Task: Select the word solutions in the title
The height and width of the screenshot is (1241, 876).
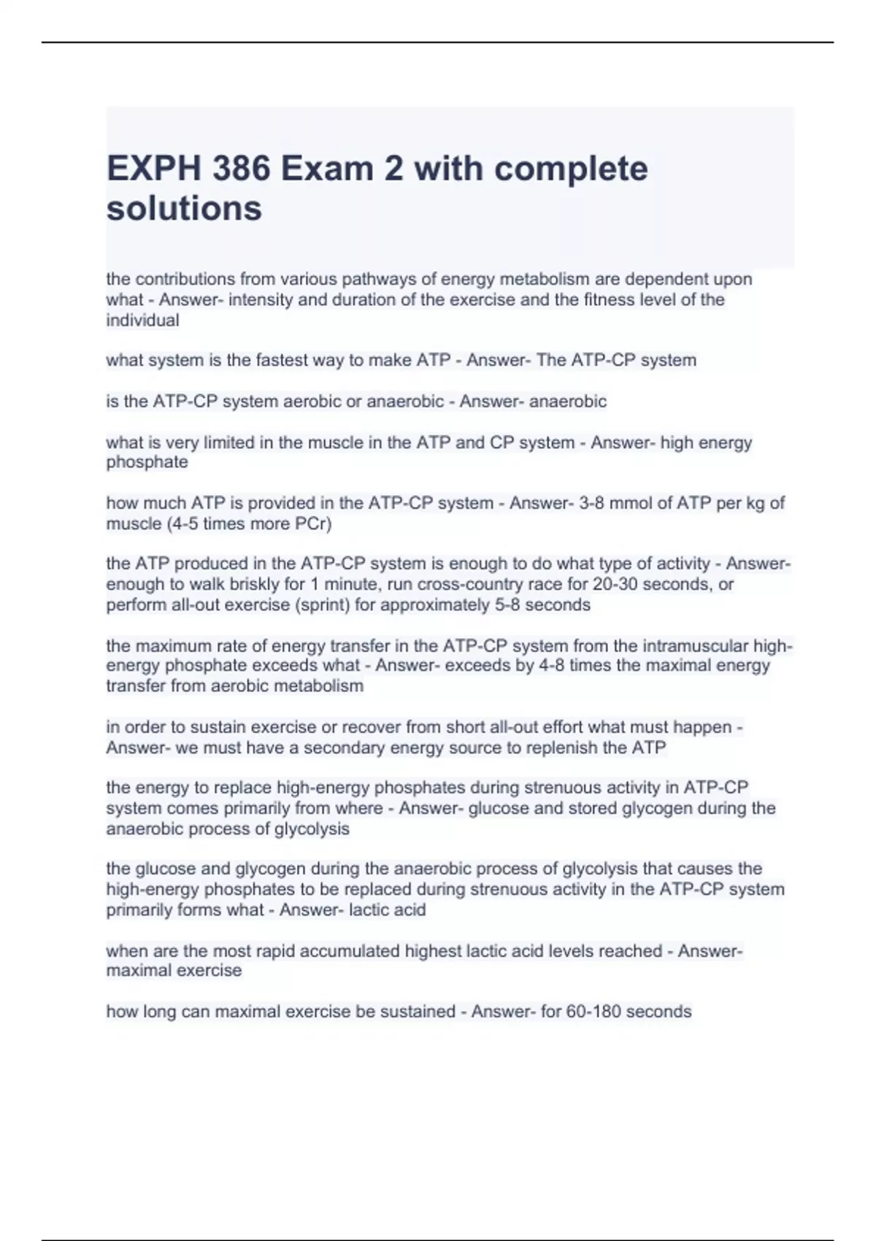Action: [x=184, y=209]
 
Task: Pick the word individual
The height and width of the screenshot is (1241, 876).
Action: [x=142, y=320]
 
